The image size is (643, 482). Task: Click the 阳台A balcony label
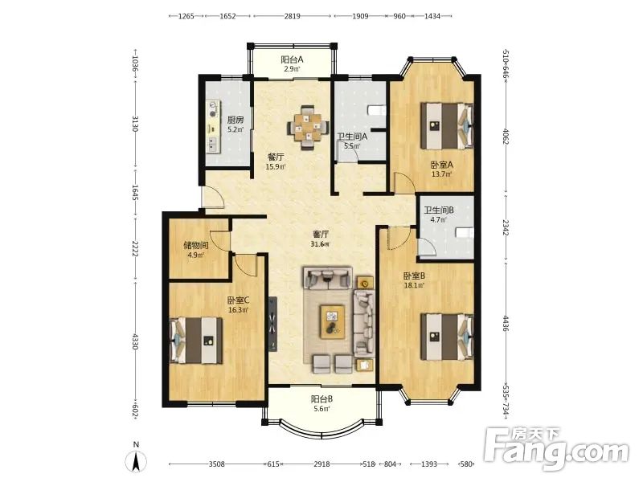click(292, 59)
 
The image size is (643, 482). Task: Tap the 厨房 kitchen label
click(235, 120)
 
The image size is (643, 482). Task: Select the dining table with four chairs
click(308, 128)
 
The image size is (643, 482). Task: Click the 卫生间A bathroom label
click(352, 137)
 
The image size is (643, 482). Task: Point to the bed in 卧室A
click(448, 126)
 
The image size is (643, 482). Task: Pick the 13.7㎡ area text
click(441, 174)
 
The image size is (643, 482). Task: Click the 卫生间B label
click(439, 210)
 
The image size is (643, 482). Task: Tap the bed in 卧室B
click(448, 337)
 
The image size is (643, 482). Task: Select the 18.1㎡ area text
click(414, 285)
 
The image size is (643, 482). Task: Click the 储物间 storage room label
click(196, 246)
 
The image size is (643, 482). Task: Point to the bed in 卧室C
click(196, 340)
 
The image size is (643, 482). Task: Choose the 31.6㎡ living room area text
click(320, 244)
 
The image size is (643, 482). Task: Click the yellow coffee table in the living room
click(333, 321)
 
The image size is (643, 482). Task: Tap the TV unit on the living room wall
click(273, 324)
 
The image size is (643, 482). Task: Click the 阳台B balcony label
click(322, 398)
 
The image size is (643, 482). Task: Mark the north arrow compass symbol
click(137, 460)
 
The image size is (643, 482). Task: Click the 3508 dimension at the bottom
click(216, 464)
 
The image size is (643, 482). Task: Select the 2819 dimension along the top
click(292, 16)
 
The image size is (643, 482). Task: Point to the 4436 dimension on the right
click(506, 324)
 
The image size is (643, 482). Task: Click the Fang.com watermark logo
click(555, 450)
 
